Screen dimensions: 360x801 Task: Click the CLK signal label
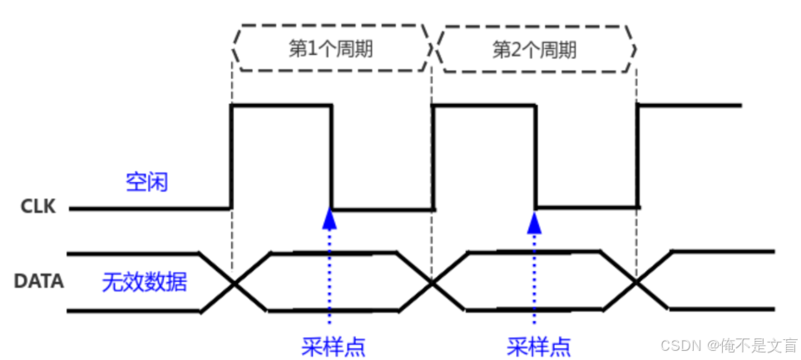click(38, 207)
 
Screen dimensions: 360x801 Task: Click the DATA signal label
click(39, 281)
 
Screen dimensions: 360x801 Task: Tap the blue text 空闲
click(146, 181)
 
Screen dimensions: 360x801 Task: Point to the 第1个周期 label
click(330, 48)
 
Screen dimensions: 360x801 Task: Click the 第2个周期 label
click(535, 48)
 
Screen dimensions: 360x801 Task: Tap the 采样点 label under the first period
click(332, 344)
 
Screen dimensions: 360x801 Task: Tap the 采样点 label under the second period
click(538, 344)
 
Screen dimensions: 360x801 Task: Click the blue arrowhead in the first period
click(330, 218)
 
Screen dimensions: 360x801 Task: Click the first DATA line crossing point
click(234, 282)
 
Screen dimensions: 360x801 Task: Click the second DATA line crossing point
click(433, 282)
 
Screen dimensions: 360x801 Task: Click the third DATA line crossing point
click(636, 282)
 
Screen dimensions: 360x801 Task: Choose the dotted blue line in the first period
click(330, 274)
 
